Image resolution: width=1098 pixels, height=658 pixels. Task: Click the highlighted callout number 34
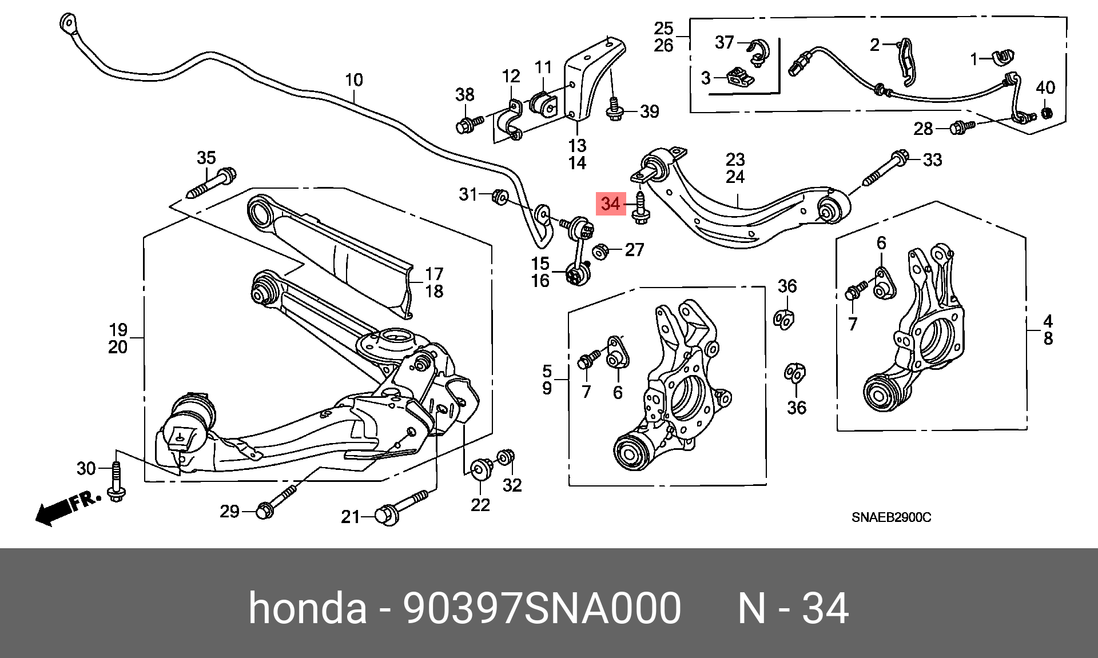pos(610,204)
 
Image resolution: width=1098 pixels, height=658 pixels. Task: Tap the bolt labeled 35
pos(212,183)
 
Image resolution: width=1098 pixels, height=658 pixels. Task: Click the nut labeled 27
pos(600,251)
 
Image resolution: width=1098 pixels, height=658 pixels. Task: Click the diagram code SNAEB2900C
pos(891,517)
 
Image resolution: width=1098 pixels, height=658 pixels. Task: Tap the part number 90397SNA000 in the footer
pos(542,608)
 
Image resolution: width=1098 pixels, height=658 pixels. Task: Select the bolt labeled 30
pos(117,482)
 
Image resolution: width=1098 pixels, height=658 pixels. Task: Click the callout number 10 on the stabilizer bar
pos(354,80)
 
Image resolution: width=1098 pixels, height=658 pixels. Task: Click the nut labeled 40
pos(1045,112)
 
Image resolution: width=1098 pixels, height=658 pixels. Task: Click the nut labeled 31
pos(500,197)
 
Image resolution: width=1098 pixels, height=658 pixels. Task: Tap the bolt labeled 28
pos(962,127)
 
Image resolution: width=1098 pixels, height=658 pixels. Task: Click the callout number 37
pos(725,42)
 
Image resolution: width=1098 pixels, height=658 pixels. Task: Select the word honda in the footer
pos(308,608)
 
